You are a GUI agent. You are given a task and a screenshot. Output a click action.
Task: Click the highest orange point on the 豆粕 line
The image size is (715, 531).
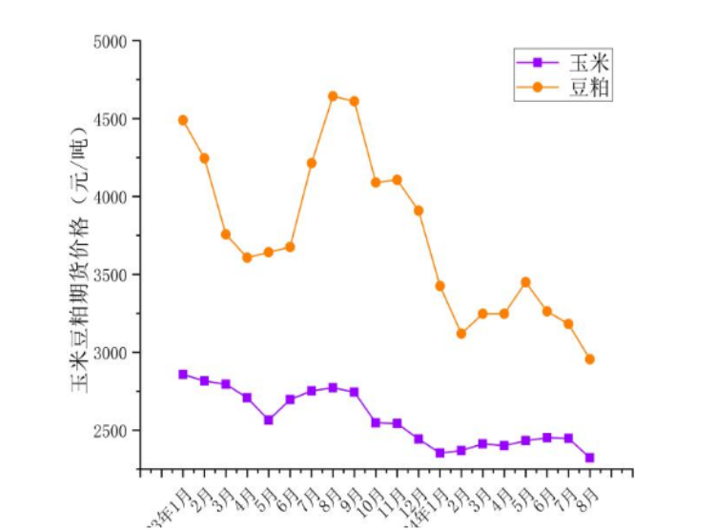coord(333,96)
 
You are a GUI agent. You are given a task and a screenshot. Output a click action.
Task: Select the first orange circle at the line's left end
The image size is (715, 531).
coord(183,120)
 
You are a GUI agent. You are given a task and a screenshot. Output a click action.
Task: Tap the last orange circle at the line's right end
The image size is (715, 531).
coord(590,359)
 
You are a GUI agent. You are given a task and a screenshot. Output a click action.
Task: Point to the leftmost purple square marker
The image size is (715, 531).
coord(183,375)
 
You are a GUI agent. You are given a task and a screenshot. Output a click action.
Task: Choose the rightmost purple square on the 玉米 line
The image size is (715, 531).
coord(590,458)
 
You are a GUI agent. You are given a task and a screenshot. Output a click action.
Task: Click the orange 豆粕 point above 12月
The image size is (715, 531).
coord(419,211)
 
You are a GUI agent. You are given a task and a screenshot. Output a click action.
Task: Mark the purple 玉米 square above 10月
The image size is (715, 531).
coord(376,422)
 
